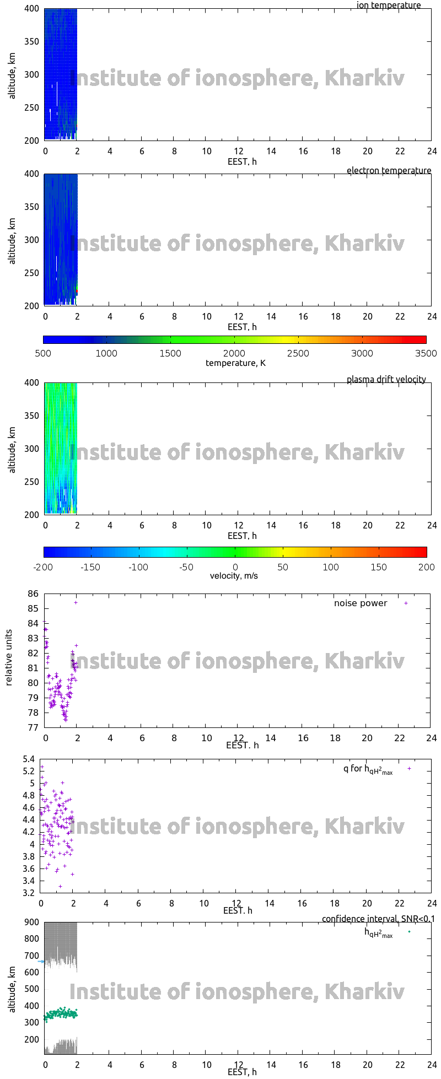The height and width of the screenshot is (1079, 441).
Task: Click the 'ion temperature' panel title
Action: [389, 6]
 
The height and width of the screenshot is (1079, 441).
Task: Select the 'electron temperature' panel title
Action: [389, 171]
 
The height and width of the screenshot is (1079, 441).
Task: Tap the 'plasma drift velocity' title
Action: [386, 380]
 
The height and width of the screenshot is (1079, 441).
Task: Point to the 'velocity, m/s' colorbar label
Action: [234, 576]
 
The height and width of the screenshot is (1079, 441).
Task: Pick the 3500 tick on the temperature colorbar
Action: [426, 354]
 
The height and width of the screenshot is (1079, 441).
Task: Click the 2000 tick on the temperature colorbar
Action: [234, 354]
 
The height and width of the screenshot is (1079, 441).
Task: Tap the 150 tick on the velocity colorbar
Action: [379, 567]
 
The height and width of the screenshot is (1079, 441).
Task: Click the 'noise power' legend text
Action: [361, 603]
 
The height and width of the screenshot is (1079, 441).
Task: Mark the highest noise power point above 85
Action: [76, 602]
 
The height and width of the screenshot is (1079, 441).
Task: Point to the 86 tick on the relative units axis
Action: [33, 594]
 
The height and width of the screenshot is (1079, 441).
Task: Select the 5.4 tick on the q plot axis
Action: [29, 759]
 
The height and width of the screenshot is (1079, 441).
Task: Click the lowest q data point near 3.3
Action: [60, 886]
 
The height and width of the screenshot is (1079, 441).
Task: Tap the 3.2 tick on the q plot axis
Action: [29, 893]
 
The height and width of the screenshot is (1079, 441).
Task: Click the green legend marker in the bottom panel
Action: [409, 932]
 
